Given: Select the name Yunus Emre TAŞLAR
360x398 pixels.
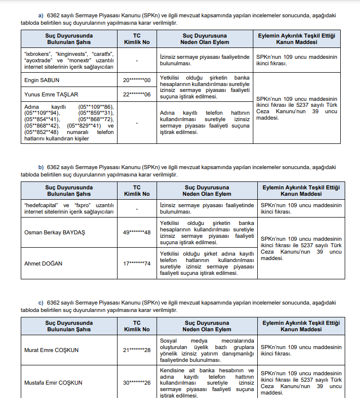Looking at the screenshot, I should tap(51, 94).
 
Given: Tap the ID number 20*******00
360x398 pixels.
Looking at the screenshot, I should tap(137, 80).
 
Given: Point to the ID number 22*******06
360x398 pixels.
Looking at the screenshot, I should tap(137, 94).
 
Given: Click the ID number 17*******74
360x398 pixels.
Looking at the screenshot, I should tap(137, 264).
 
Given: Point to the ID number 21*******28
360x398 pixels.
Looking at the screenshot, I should tap(137, 351).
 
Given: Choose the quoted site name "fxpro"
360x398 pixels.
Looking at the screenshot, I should tap(82, 205).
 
